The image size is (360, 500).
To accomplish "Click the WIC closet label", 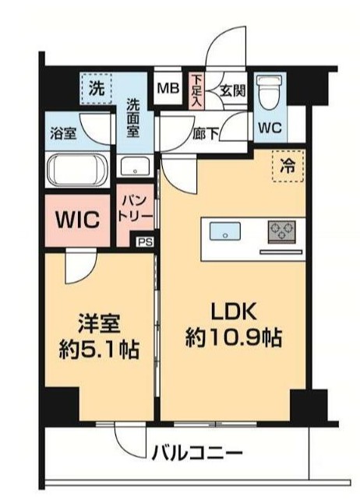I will pyautogui.click(x=78, y=220).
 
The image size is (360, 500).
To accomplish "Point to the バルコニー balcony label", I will pyautogui.click(x=198, y=452).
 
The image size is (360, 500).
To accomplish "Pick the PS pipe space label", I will pyautogui.click(x=144, y=242).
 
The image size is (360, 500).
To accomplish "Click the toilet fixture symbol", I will pyautogui.click(x=269, y=92).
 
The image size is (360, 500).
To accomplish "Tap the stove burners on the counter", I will pyautogui.click(x=281, y=231).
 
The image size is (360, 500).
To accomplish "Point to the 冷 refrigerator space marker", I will pyautogui.click(x=288, y=167).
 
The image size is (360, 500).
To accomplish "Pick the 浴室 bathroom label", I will pyautogui.click(x=63, y=133).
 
